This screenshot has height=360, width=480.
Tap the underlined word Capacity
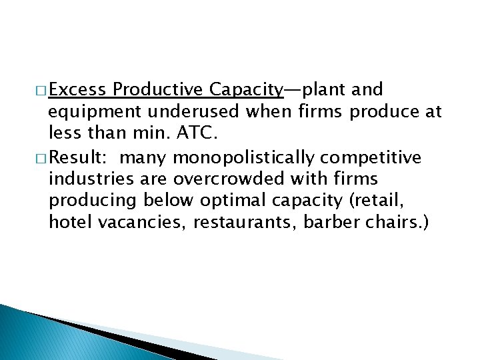tap(247, 89)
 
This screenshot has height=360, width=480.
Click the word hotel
tap(70, 222)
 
